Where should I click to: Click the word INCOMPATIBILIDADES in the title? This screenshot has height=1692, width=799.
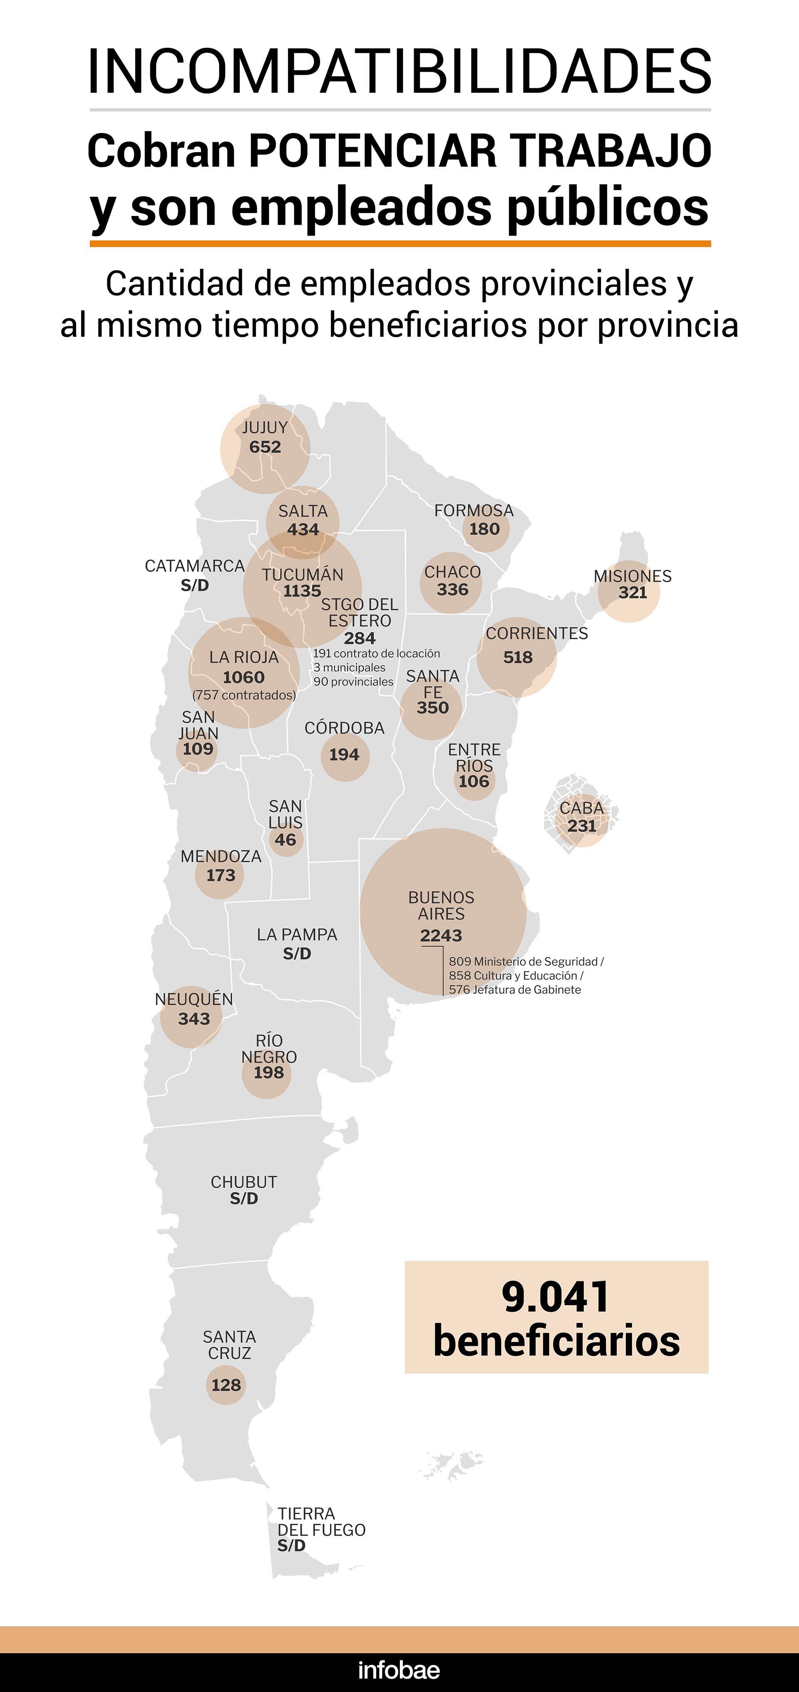[399, 71]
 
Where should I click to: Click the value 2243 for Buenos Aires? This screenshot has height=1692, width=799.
[441, 935]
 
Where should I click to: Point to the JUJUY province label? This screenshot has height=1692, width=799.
[265, 428]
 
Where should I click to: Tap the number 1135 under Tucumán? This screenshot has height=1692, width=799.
[302, 590]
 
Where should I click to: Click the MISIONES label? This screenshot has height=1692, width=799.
[632, 576]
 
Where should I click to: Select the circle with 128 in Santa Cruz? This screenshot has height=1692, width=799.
[226, 1385]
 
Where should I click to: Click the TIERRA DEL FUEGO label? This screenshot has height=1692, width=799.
[321, 1521]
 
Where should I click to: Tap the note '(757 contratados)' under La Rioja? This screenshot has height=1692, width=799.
[244, 695]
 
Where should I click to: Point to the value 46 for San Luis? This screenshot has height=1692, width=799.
[285, 840]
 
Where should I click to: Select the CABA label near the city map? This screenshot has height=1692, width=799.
[581, 808]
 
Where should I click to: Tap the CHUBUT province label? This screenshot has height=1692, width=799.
[244, 1182]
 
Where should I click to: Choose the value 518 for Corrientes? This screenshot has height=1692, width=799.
[518, 657]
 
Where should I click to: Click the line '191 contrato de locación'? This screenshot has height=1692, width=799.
[376, 654]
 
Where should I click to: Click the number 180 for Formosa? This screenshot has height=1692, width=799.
[484, 529]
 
